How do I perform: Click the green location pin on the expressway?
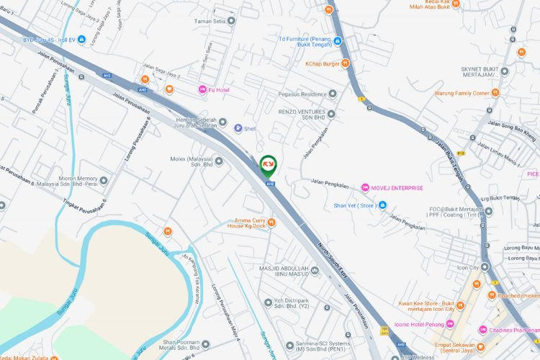pos(267,166)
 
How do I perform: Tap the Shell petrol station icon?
pos(238,129)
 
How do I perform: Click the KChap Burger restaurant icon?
pos(346,63)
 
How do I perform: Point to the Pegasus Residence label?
pos(303,94)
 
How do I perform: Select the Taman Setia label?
pos(210,21)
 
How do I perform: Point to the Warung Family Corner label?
pos(462,93)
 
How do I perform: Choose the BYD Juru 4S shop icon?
pos(82,40)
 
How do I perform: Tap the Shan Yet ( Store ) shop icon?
pos(382,205)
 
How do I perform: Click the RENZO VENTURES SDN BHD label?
pos(302,117)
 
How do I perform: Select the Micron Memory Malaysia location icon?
pos(104,180)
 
